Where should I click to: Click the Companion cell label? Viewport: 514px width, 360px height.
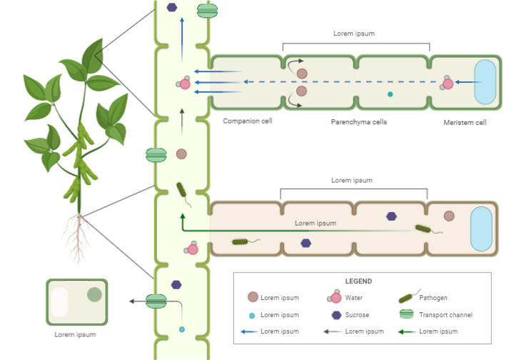pos(247,121)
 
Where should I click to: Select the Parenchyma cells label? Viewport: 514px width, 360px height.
pos(358,122)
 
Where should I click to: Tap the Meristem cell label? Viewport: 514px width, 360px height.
pos(465,122)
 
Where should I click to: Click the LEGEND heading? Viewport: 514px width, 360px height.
pos(358,281)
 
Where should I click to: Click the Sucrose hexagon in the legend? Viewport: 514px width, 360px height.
pos(336,314)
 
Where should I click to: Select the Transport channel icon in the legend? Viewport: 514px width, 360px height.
pos(407,314)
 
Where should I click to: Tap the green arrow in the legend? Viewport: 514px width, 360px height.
pos(407,331)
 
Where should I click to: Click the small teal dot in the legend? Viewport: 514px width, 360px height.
pos(251,315)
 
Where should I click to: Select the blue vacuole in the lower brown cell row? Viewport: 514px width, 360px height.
pos(481,230)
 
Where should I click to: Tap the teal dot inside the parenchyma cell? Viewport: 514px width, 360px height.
pos(390,94)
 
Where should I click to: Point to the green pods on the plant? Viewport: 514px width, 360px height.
pos(80,161)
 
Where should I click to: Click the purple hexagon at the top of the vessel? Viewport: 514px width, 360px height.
pos(172,8)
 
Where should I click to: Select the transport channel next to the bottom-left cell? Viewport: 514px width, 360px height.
pos(156,301)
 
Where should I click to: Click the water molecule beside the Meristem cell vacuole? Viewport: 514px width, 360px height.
pos(448,84)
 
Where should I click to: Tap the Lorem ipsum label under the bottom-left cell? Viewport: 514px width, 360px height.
pos(76,334)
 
